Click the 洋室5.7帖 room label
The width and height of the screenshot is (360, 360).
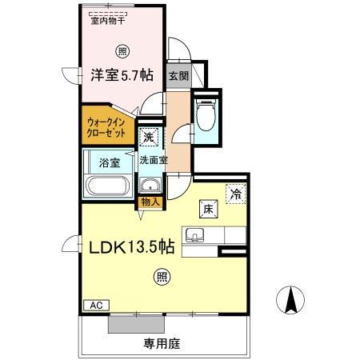(122, 75)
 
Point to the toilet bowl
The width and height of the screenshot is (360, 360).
(206, 118)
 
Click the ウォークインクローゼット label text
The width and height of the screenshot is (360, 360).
(106, 126)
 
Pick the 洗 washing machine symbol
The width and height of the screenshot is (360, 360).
(149, 138)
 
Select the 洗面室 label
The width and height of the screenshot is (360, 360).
(153, 160)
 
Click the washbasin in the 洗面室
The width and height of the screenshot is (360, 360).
(149, 187)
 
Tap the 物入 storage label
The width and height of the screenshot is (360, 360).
(150, 202)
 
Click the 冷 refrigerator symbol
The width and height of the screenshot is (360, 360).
(236, 193)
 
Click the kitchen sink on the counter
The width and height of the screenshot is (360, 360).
(194, 235)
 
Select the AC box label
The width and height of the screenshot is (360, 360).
(95, 305)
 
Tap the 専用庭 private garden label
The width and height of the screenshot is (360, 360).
(162, 344)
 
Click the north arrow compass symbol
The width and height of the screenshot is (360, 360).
(290, 301)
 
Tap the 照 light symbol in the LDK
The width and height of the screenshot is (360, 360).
(162, 278)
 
